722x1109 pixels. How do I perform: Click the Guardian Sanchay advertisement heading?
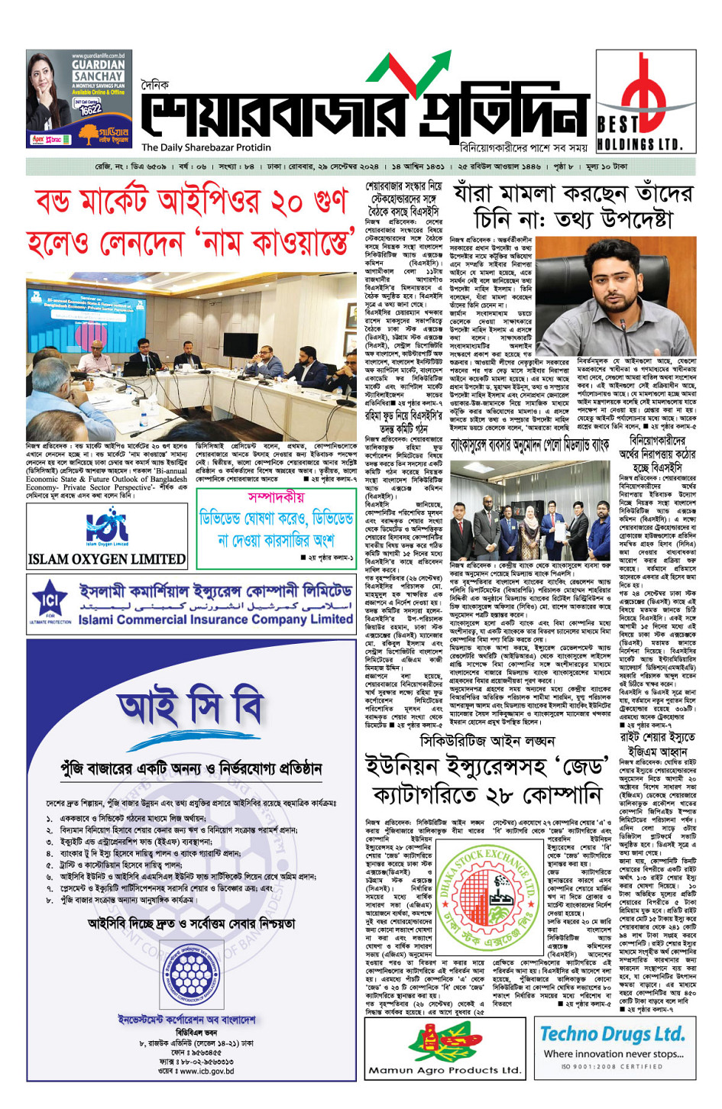click(98, 71)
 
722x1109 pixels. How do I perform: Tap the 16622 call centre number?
click(91, 109)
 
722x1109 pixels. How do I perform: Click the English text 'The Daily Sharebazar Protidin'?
click(206, 147)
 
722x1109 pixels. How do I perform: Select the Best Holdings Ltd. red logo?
click(640, 88)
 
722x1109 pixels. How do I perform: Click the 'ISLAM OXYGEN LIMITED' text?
click(107, 559)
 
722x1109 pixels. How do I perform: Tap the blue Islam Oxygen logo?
click(107, 525)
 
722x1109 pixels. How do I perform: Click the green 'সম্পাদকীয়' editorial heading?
click(276, 497)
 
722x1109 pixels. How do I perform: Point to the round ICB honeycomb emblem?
click(191, 975)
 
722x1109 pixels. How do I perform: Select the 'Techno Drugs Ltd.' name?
click(612, 1034)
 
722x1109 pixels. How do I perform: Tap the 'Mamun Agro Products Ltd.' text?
click(444, 1070)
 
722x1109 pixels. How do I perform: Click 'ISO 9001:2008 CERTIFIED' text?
click(612, 1067)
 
